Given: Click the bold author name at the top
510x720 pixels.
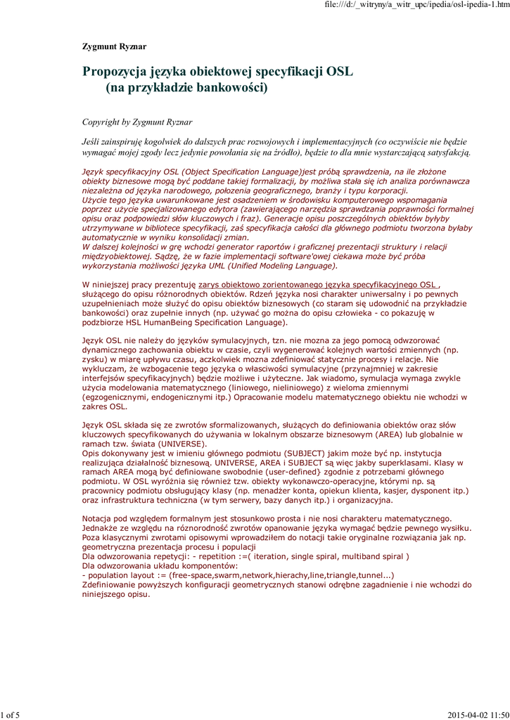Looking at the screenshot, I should tap(115, 47).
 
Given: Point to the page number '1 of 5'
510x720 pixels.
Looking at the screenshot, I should tap(11, 715).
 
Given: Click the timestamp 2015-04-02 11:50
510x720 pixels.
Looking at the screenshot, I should tap(477, 715).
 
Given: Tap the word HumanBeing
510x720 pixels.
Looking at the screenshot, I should tap(163, 322).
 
